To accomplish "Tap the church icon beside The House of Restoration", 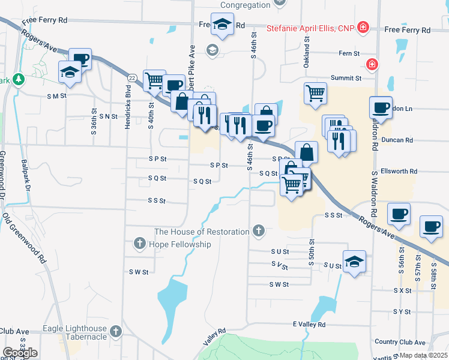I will point(259,231).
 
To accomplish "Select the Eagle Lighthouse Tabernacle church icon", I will point(116,330).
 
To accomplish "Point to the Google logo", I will point(20,352).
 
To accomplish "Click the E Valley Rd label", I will point(309,324).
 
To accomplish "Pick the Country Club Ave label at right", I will point(402,341).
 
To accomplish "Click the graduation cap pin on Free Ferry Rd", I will point(222,24).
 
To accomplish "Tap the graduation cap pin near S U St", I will point(355,261).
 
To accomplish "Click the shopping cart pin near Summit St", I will point(315,93).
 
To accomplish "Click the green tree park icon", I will point(19,79).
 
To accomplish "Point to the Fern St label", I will point(349,53).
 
